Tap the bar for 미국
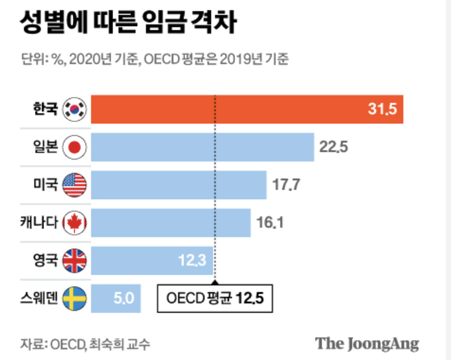click(179, 185)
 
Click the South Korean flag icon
click(75, 110)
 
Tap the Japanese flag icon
click(75, 147)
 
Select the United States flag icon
click(75, 185)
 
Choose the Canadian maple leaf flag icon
click(75, 223)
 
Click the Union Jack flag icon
click(75, 260)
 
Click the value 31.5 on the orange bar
click(383, 110)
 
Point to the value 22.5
click(333, 147)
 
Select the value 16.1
click(269, 223)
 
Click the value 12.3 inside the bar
click(192, 260)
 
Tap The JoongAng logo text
click(367, 343)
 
